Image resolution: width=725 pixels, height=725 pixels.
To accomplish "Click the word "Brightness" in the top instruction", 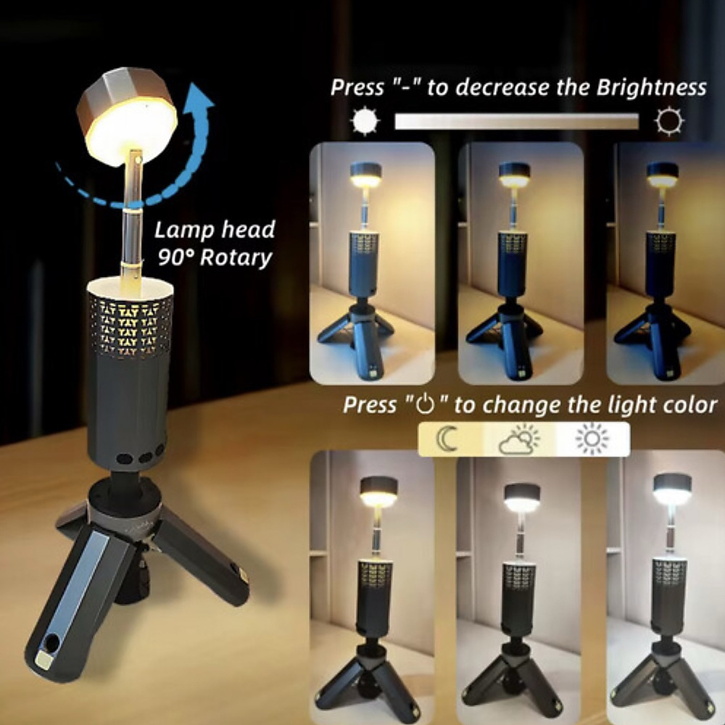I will [651, 88].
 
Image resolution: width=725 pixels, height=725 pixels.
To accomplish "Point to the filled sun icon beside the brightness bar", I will [365, 121].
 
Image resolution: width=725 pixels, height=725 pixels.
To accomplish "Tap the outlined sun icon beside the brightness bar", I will [668, 121].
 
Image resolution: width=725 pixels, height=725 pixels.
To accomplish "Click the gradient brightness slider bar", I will [516, 121].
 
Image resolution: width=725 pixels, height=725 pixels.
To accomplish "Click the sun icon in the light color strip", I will [592, 439].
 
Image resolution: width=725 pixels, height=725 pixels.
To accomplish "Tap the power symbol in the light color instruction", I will [425, 405].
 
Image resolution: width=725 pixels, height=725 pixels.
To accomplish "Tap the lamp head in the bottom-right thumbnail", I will [671, 489].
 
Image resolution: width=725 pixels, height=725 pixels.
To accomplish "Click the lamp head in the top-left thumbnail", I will [367, 175].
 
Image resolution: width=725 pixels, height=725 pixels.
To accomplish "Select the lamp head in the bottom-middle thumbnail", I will [522, 497].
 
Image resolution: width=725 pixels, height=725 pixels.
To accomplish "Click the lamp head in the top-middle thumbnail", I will [515, 175].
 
